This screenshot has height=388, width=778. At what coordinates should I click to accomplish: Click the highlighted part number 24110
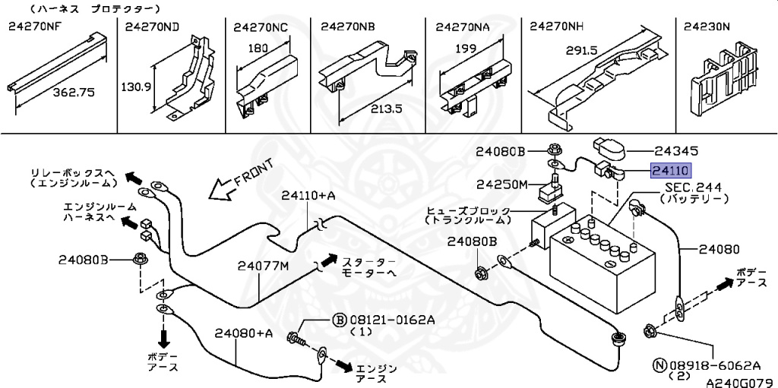(x=671, y=171)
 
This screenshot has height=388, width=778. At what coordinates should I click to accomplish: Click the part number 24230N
(x=707, y=27)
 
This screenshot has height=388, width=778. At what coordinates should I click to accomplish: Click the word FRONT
(x=253, y=172)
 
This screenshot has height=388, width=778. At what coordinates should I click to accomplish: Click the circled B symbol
(x=338, y=320)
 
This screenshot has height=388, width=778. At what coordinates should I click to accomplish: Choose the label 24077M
(x=262, y=267)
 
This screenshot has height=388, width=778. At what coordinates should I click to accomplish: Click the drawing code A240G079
(x=742, y=383)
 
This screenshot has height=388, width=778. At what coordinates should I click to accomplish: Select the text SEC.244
(x=694, y=188)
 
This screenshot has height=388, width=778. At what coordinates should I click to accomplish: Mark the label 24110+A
(x=308, y=196)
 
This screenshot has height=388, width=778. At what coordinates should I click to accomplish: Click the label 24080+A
(x=244, y=333)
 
